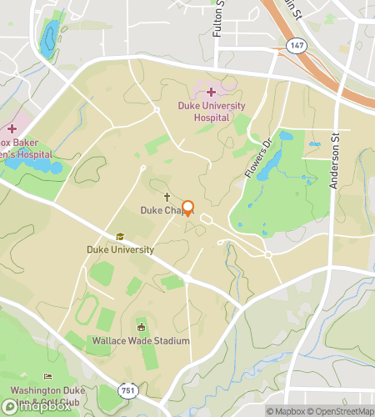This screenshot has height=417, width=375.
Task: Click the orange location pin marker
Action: [x=187, y=208]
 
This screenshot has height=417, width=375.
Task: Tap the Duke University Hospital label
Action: [x=212, y=112]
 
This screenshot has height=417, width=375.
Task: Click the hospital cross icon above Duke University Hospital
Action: [x=211, y=93]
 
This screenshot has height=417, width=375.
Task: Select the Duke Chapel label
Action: [x=160, y=211]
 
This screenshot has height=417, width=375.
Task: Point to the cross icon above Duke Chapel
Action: [x=167, y=198]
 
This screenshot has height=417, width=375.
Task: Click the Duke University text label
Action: [x=120, y=249]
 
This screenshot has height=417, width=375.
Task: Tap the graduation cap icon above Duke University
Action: [x=120, y=237]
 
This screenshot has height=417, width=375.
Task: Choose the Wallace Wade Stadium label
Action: [x=141, y=341]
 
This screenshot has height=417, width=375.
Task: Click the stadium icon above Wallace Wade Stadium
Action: [x=141, y=328]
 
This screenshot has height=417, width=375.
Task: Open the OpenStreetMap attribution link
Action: [x=339, y=411]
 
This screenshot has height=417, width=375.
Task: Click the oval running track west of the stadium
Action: [x=84, y=312]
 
